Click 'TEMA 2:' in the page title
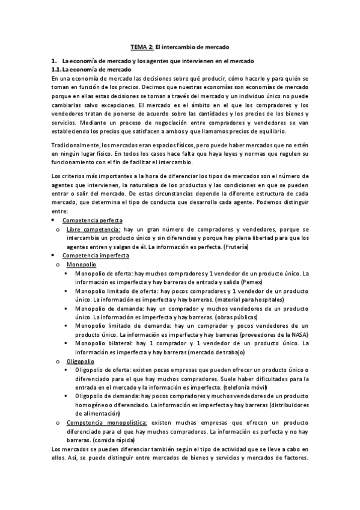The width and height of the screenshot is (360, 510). (x=142, y=46)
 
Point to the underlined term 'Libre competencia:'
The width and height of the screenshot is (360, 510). (x=94, y=229)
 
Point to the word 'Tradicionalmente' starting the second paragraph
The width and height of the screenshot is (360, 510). (x=75, y=144)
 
